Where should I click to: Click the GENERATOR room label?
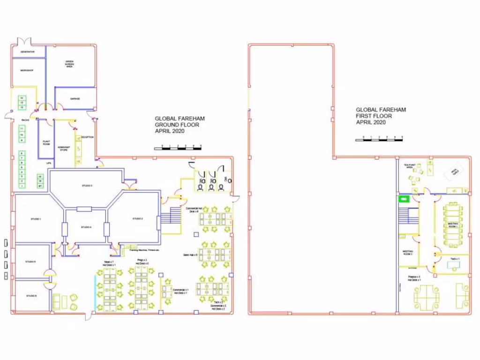click(27, 52)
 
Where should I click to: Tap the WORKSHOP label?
click(27, 70)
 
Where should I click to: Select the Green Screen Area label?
click(69, 64)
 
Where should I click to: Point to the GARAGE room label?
click(75, 99)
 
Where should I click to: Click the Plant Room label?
click(46, 142)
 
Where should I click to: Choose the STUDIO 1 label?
click(37, 219)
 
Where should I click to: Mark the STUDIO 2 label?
click(137, 219)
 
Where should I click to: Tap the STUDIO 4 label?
click(85, 227)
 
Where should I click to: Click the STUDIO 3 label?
click(87, 186)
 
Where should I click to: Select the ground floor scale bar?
click(178, 148)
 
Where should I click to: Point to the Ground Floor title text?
click(180, 125)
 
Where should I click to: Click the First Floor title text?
click(380, 116)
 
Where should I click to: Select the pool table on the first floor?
click(453, 172)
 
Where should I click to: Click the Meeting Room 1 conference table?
click(453, 224)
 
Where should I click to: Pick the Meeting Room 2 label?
click(407, 253)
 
